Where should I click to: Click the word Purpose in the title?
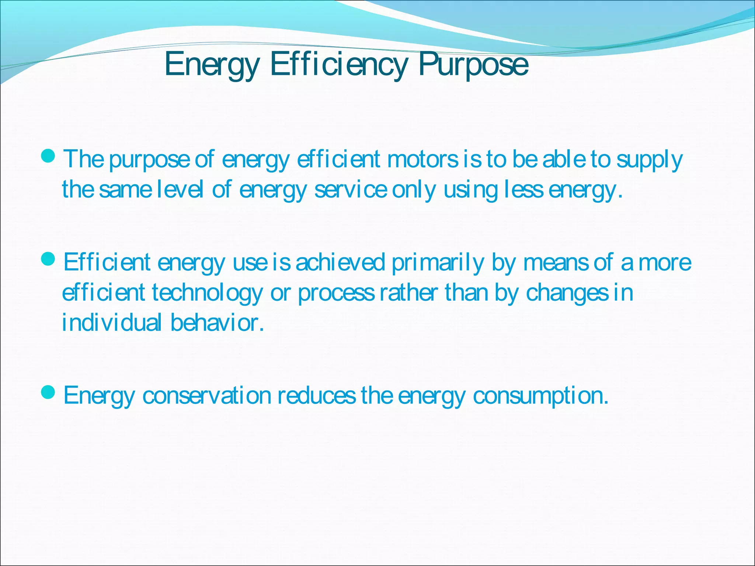[473, 65]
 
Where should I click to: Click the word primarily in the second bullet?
[438, 263]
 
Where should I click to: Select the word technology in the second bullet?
[207, 293]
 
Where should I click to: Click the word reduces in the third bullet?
[317, 395]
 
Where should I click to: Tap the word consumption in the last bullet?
[540, 396]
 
